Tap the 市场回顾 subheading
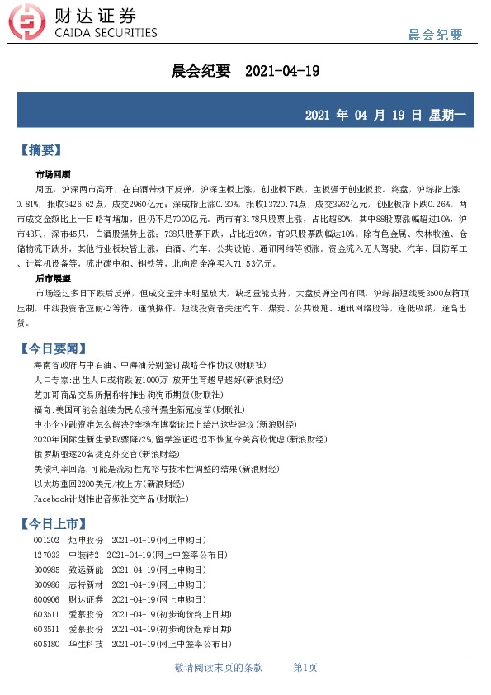53,175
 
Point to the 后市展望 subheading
53,279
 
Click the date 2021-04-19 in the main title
282,71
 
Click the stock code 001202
46,540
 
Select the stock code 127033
46,555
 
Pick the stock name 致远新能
85,570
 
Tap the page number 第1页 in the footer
305,667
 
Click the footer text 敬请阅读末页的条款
219,667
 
